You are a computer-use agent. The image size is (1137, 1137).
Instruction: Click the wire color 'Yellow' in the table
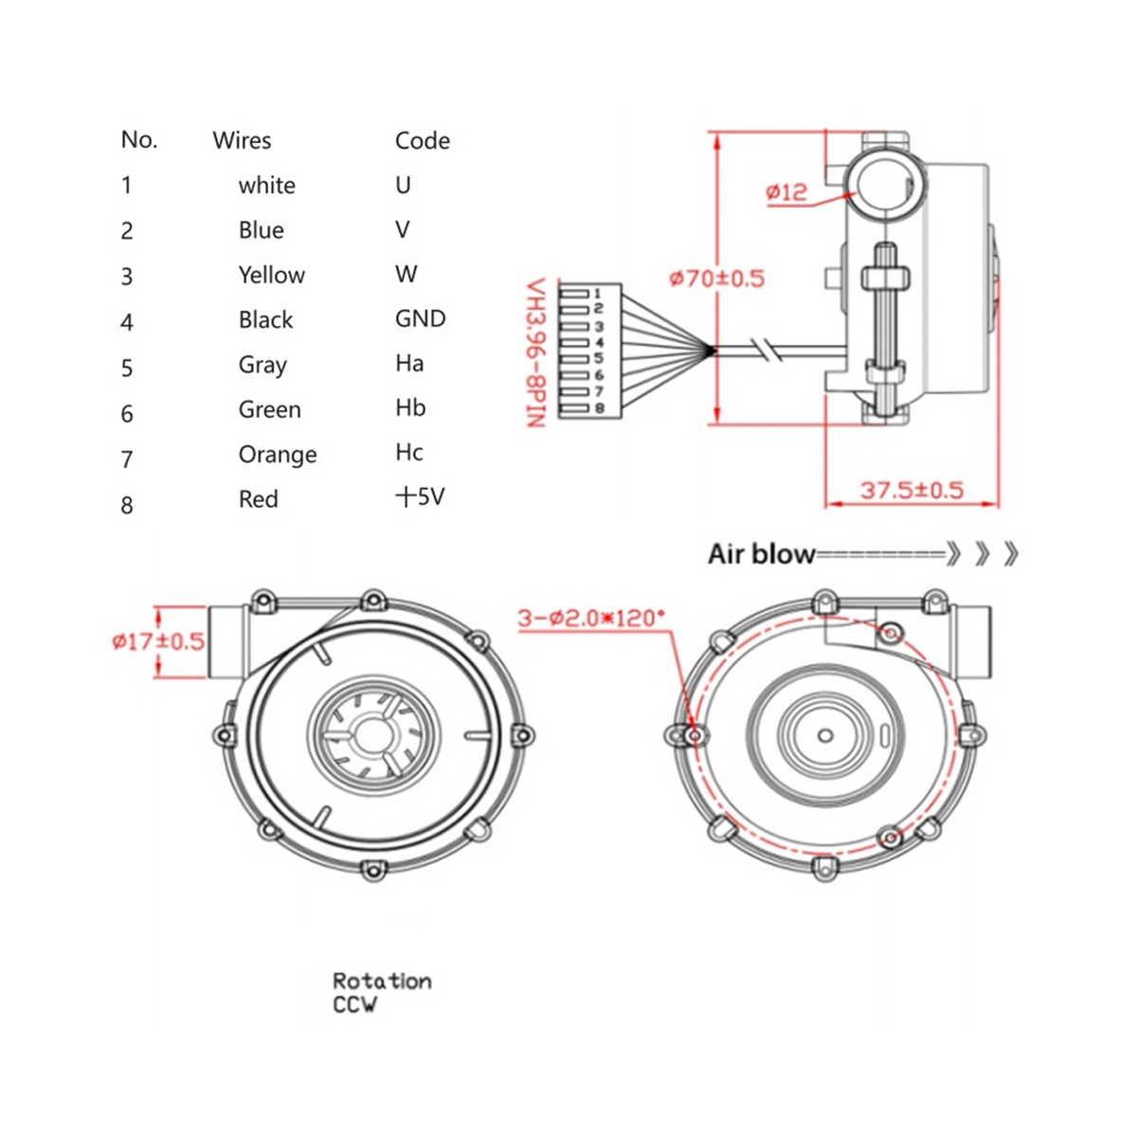[x=272, y=275]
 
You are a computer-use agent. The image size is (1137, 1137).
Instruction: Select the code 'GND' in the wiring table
[x=420, y=318]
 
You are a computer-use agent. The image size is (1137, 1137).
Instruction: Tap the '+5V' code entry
[x=420, y=496]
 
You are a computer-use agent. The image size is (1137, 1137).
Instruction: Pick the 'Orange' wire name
[x=278, y=455]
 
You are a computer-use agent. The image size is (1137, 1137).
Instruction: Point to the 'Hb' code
[x=410, y=408]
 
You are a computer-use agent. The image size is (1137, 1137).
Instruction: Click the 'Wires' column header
[x=242, y=140]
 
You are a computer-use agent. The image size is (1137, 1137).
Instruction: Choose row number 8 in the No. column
[x=127, y=505]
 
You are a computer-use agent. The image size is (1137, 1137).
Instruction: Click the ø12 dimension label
[x=786, y=192]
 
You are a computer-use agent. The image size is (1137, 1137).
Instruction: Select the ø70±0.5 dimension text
[x=716, y=279]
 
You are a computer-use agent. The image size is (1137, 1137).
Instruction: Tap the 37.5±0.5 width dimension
[x=911, y=490]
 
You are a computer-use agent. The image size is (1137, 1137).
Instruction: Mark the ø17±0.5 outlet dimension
[x=158, y=641]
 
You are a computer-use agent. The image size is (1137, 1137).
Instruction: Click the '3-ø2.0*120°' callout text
[x=591, y=618]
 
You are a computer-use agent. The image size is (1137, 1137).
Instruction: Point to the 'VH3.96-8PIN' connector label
[x=536, y=352]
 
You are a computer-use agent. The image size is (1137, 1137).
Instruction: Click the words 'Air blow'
[x=761, y=554]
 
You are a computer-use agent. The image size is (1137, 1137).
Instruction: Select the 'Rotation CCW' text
[x=381, y=992]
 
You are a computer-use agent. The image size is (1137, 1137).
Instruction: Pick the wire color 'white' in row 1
[x=266, y=186]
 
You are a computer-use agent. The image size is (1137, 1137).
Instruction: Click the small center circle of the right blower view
[x=825, y=735]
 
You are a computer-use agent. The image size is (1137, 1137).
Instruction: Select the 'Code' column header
[x=422, y=140]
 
